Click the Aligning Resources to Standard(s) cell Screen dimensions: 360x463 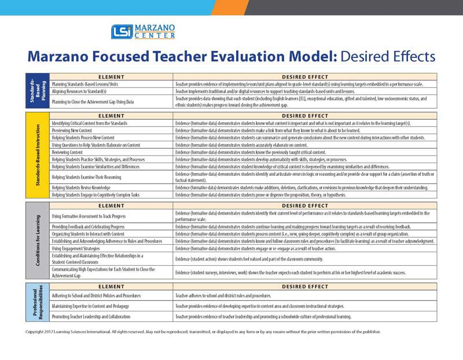[86, 91]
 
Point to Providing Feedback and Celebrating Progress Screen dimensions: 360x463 [95, 226]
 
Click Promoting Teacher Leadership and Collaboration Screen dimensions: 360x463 [98, 317]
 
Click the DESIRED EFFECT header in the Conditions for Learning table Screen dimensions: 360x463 [304, 205]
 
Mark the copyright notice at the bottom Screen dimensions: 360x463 [203, 332]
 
